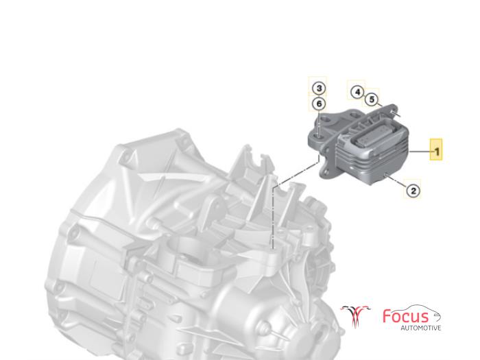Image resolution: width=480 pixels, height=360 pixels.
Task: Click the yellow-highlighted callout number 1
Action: (436, 150)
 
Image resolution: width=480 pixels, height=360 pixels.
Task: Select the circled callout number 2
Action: (413, 191)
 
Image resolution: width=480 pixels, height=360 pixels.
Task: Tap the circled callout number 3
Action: (319, 88)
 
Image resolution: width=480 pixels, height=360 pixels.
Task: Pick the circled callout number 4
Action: (357, 92)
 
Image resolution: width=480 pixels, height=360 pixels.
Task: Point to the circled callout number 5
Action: (372, 99)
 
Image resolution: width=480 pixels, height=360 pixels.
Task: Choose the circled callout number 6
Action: (319, 104)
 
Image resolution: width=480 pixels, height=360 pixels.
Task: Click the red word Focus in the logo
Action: (406, 317)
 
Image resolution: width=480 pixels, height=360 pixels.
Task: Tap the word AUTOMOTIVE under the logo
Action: (421, 328)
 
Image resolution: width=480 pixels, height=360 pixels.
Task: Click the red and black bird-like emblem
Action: (355, 315)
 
